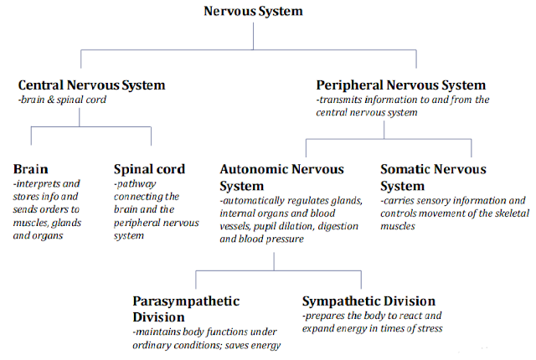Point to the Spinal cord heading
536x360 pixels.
(149, 169)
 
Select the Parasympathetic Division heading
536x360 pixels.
(186, 309)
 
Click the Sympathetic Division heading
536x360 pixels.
(369, 301)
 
